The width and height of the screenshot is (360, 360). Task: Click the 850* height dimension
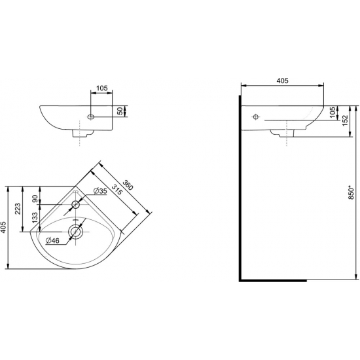coord(351,192)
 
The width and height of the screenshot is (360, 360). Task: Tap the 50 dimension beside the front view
coord(119,111)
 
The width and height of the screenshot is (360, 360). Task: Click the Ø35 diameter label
coord(99,190)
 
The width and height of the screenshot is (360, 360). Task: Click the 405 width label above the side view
coord(282,81)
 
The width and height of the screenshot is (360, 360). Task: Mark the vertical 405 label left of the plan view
coord(5,227)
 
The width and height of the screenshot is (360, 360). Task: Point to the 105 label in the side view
coord(333,113)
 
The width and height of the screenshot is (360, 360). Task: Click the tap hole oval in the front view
coord(90,118)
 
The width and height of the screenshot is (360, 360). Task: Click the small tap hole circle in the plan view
coord(75,204)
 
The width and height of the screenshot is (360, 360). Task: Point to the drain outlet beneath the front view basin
coord(80,135)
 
